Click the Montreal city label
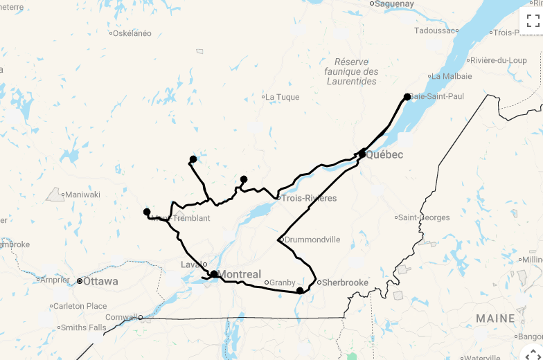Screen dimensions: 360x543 pos(240,275)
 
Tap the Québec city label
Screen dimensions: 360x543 pos(384,155)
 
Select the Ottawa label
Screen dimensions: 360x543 pos(100,282)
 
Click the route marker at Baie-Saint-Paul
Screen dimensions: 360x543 pos(407,97)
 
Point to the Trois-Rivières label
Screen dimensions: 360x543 pos(309,199)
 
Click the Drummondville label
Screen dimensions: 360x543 pos(312,240)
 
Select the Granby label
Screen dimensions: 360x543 pos(282,282)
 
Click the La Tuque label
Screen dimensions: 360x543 pos(282,97)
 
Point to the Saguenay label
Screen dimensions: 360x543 pos(395,4)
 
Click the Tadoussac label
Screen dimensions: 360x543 pos(436,30)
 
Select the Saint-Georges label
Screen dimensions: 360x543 pos(424,217)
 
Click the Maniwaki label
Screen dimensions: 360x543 pos(82,195)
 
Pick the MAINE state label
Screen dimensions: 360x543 pos(495,319)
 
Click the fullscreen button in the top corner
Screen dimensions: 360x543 pos(533,21)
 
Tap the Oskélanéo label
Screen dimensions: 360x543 pos(132,33)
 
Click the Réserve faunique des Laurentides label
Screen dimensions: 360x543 pos(352,71)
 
